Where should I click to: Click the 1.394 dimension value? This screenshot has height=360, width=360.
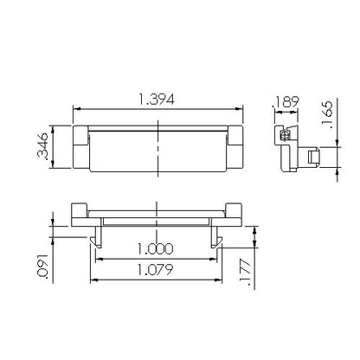coord(157,100)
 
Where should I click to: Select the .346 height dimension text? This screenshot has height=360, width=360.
coord(42,145)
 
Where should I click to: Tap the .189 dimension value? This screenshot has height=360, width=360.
coord(286,102)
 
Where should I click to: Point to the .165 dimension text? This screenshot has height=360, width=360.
coord(327,114)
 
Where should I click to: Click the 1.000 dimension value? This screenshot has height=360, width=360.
coord(155,248)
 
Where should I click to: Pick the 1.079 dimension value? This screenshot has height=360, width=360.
coord(155,269)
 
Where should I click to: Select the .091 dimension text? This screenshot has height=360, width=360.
coord(42,266)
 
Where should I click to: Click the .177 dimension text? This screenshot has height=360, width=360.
coord(246,273)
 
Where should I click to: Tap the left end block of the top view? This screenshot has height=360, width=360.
coord(80,147)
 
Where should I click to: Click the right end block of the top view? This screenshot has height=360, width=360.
coord(236,147)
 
